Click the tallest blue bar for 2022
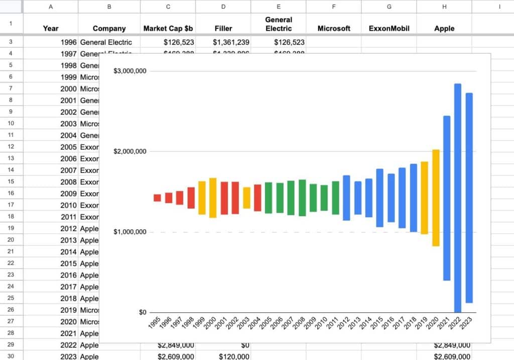[457, 198]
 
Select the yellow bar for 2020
[436, 198]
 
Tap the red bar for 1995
[157, 198]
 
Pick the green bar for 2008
[302, 198]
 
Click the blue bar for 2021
[446, 198]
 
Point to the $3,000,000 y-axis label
[130, 71]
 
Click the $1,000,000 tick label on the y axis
[130, 232]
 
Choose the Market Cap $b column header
[168, 29]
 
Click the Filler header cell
[223, 29]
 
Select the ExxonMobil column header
[389, 29]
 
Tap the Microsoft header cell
[333, 29]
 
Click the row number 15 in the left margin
[11, 182]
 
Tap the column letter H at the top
[444, 7]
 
